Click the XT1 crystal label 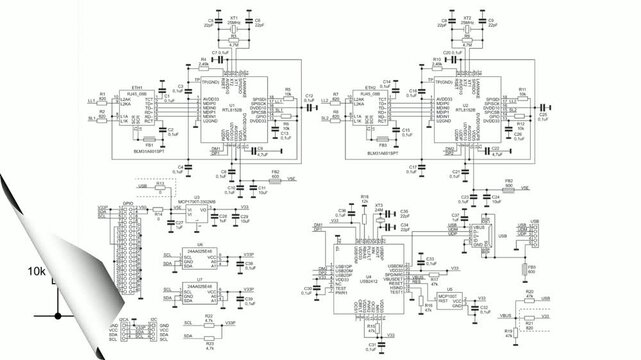point(234,18)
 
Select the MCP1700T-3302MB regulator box point(198,210)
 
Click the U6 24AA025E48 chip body point(201,260)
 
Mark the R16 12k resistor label point(364,198)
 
